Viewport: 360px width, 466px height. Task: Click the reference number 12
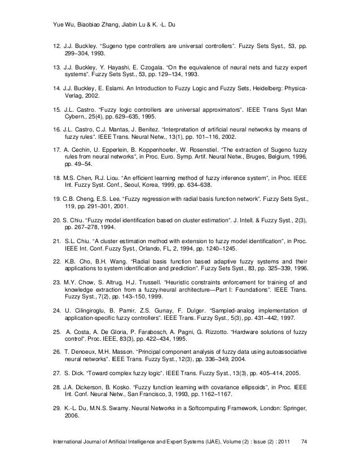[x=55, y=43]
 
